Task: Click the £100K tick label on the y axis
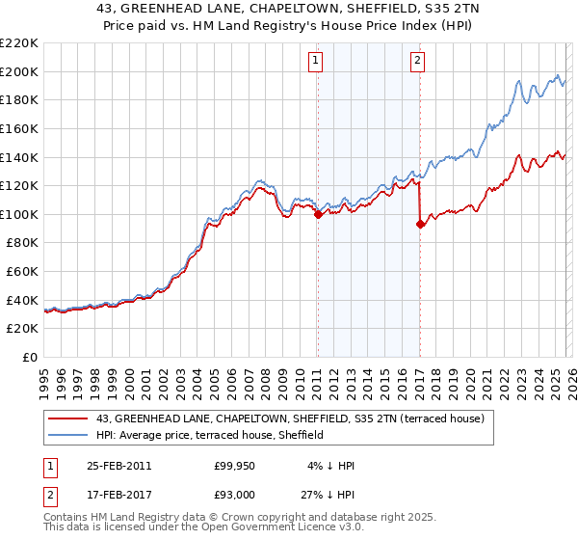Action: pos(19,214)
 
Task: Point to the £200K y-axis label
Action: pos(19,71)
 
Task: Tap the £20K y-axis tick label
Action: pos(22,329)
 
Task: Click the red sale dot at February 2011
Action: pos(318,215)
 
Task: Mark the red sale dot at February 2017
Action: pos(420,225)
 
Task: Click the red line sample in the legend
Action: pos(69,418)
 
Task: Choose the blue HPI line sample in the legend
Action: pos(69,435)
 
